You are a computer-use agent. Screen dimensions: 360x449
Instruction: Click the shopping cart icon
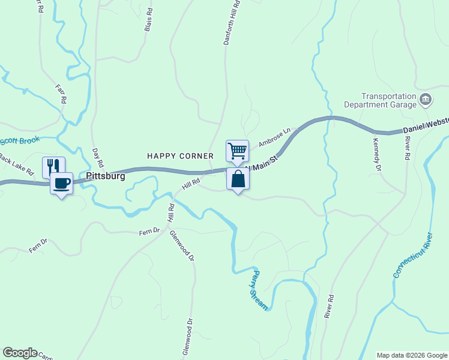(x=238, y=150)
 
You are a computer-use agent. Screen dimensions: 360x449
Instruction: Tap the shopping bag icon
(x=238, y=178)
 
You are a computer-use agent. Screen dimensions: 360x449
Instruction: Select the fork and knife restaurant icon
(x=53, y=166)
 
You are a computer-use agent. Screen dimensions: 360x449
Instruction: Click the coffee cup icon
(x=61, y=182)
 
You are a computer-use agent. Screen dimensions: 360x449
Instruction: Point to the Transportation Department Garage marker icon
(x=426, y=100)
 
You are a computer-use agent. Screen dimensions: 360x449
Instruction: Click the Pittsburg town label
(x=106, y=176)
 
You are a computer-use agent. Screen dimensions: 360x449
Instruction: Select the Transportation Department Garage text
(x=388, y=100)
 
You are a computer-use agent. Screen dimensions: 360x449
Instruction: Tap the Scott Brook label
(x=20, y=142)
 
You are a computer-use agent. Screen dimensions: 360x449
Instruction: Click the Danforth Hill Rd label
(x=232, y=22)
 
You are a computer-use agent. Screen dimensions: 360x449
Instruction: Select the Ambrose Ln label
(x=274, y=137)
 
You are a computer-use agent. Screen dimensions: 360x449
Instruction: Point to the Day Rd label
(x=98, y=157)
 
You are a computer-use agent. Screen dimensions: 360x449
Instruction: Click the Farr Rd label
(x=61, y=94)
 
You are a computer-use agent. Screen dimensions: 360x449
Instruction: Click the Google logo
(x=20, y=353)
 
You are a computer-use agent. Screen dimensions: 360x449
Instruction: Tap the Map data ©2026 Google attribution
(x=411, y=355)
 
